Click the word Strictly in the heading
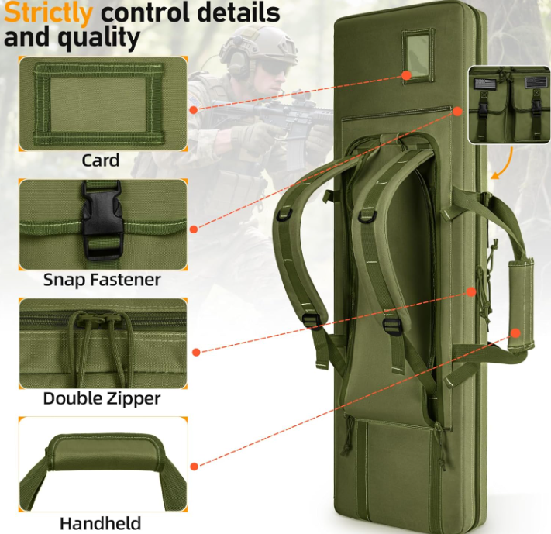coord(47,12)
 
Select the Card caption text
coord(101,160)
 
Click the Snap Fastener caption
coord(102,279)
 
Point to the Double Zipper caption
coord(102,398)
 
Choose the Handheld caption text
coord(101,522)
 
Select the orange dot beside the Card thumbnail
coord(194,110)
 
